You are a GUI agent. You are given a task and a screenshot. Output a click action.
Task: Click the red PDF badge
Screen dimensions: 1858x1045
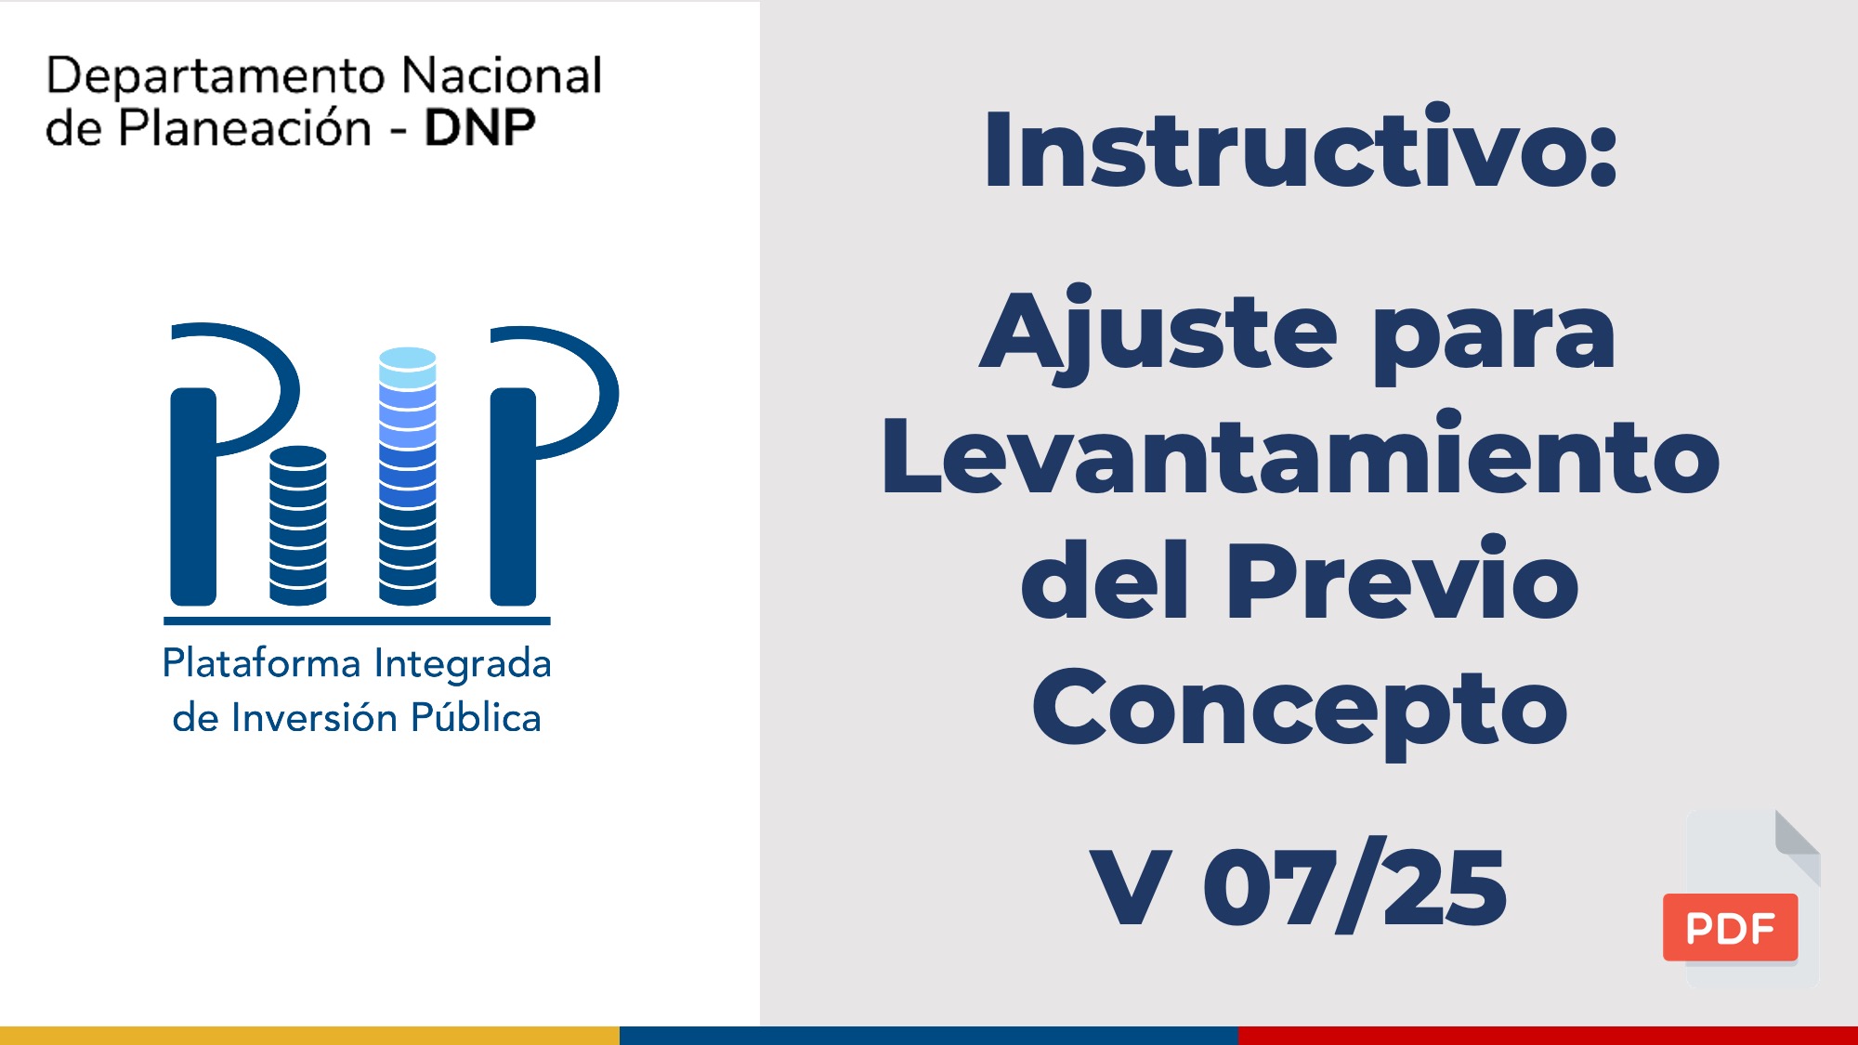point(1730,927)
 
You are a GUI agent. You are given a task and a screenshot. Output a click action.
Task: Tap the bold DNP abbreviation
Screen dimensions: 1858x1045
point(479,128)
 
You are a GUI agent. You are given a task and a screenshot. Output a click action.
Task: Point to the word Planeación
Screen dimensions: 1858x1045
point(244,127)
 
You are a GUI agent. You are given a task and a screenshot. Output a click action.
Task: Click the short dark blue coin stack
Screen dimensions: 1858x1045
point(298,526)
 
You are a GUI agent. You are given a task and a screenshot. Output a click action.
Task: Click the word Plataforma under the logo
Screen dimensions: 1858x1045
point(261,663)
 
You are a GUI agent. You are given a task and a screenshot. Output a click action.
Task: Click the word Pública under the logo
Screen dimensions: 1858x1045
point(476,717)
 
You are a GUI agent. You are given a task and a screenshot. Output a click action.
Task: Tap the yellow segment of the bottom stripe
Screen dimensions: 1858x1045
point(309,1036)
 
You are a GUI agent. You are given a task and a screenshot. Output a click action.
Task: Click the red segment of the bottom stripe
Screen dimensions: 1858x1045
point(1548,1036)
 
